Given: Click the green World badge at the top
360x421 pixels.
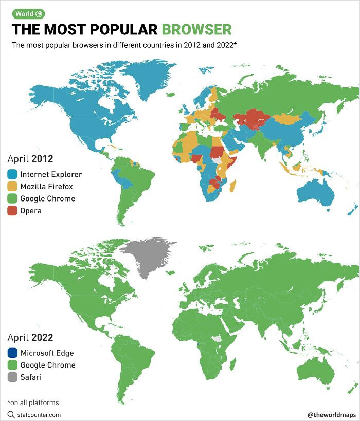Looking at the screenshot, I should click(29, 14).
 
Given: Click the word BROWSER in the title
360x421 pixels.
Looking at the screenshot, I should click(196, 29).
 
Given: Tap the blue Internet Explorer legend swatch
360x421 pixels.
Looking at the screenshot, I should click(13, 174).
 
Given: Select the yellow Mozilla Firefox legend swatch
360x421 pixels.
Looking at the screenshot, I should click(13, 187).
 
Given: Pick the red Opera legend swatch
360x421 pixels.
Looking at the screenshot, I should click(13, 211).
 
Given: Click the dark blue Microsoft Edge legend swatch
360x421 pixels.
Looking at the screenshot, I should click(13, 353).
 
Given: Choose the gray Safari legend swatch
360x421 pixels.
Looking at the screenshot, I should click(13, 377).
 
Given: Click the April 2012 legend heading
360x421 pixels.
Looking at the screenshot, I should click(30, 159).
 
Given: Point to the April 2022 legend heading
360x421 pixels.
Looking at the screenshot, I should click(30, 338).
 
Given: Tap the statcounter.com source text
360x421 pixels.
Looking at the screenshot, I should click(39, 414).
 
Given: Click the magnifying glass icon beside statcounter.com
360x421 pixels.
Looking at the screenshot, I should click(11, 414).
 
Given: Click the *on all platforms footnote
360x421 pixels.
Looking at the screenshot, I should click(33, 402).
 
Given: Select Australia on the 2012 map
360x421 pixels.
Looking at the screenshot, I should click(316, 193).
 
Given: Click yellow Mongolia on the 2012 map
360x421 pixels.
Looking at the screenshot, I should click(291, 118).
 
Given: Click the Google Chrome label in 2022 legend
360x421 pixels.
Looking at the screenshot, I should click(47, 365).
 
